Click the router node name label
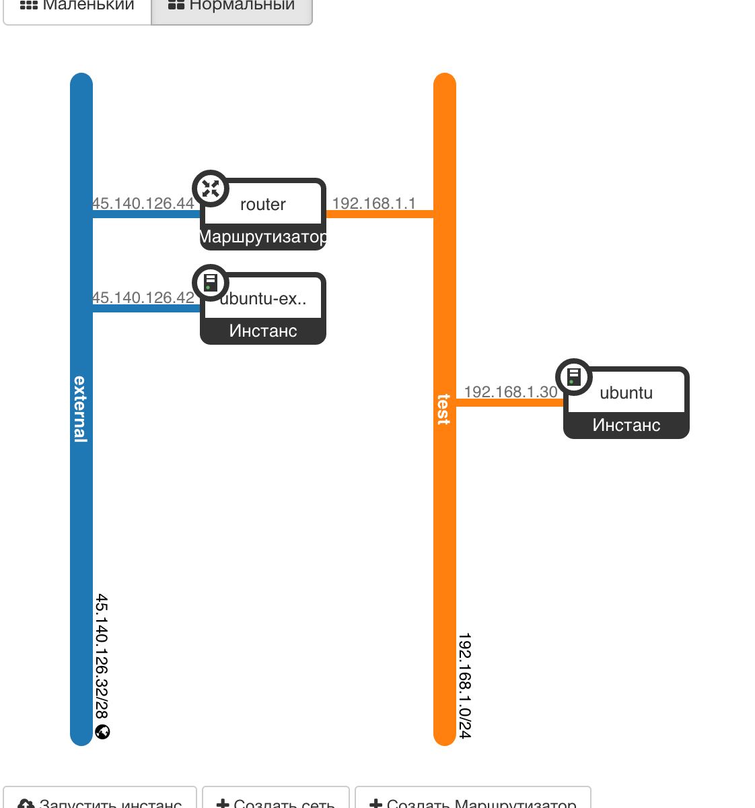(263, 204)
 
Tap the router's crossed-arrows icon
(211, 189)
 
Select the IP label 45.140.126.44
(143, 203)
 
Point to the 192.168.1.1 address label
(374, 203)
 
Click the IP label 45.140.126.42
(143, 298)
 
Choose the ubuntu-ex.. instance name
(263, 298)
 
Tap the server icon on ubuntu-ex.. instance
(211, 282)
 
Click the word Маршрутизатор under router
(263, 237)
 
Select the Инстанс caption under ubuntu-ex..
(263, 331)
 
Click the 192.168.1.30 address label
(511, 392)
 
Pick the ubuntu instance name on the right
(626, 393)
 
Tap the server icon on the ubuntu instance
(574, 376)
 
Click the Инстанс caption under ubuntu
(626, 425)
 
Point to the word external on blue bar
(81, 409)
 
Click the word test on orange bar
(444, 409)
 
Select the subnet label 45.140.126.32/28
(102, 656)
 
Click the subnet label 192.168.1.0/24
(465, 685)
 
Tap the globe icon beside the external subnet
(103, 732)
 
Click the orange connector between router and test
(380, 215)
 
